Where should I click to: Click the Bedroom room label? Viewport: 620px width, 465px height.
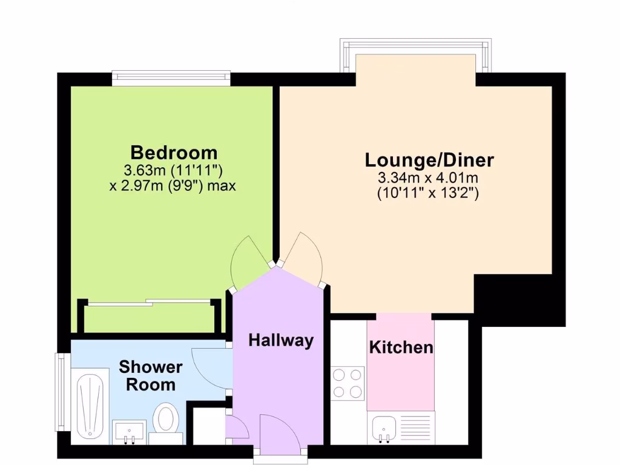[x=174, y=151]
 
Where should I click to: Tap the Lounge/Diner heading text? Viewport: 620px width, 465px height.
[x=429, y=160]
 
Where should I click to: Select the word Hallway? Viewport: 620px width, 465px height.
[x=281, y=340]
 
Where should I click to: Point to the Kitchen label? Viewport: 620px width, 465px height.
[x=401, y=348]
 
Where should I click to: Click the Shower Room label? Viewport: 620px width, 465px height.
[x=151, y=375]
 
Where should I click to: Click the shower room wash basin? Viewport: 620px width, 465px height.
[x=129, y=432]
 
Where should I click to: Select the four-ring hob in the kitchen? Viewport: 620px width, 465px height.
[x=348, y=383]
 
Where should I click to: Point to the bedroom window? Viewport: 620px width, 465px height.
[x=171, y=76]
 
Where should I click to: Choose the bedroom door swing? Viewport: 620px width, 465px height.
[x=248, y=262]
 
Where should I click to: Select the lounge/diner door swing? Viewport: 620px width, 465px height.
[x=304, y=257]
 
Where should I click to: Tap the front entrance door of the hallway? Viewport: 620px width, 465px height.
[x=277, y=434]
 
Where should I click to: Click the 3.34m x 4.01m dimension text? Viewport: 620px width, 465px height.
[x=428, y=178]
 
